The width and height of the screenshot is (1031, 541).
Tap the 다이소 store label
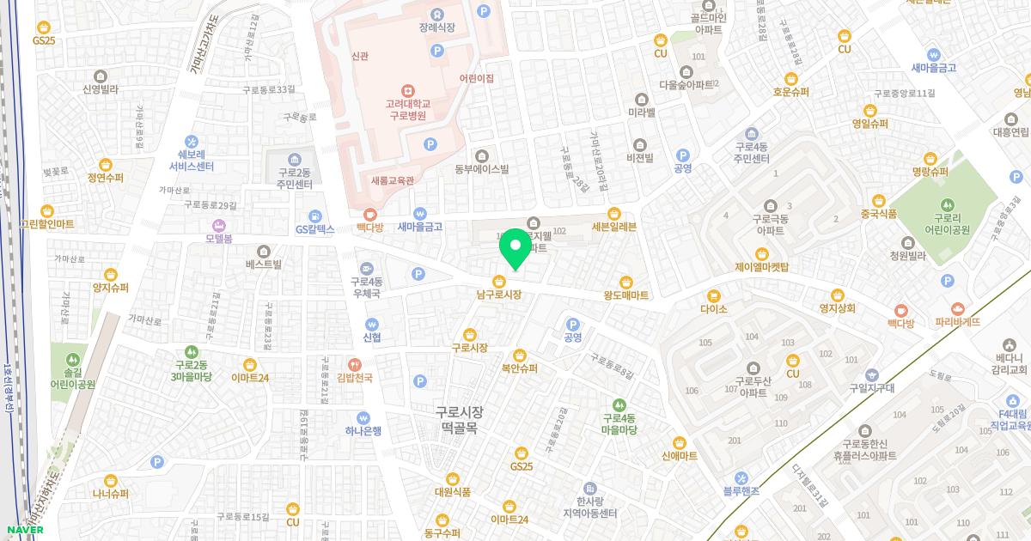click(x=713, y=309)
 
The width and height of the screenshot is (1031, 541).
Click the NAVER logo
click(x=24, y=530)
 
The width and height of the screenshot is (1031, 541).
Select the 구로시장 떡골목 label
click(x=459, y=419)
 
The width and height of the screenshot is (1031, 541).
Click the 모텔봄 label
click(x=218, y=239)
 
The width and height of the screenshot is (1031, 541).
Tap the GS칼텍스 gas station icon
click(x=315, y=216)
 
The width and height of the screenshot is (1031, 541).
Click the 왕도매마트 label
click(x=625, y=295)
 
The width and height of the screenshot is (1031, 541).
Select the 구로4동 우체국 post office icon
click(x=367, y=268)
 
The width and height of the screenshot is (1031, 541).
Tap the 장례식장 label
click(x=436, y=27)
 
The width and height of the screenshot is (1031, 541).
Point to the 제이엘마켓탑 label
click(x=761, y=267)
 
